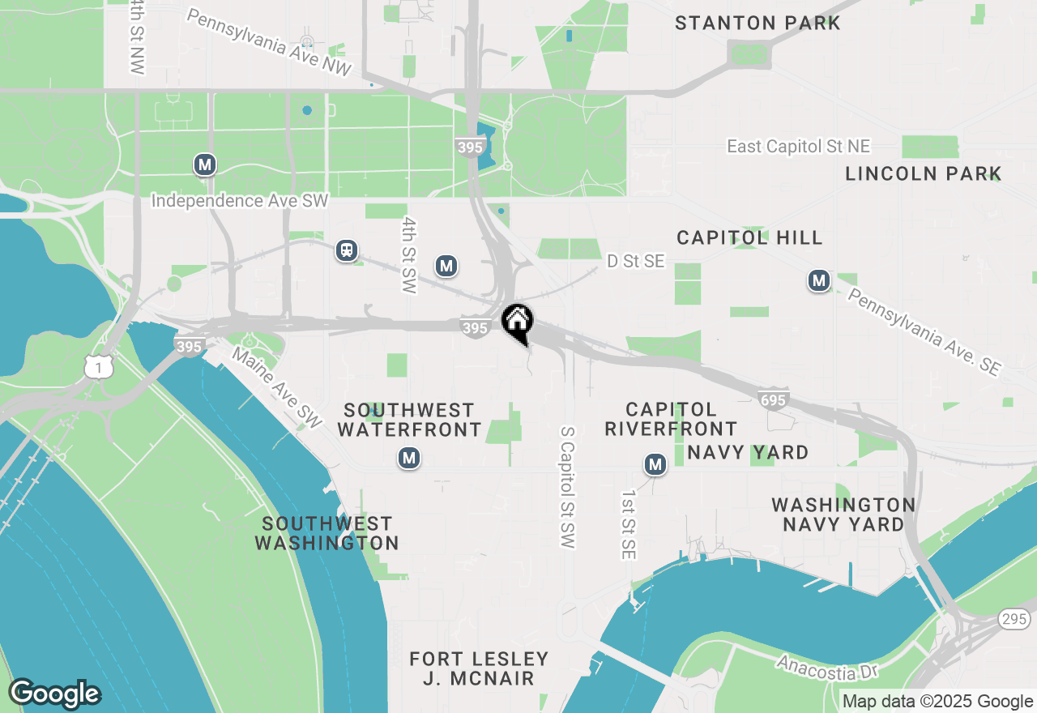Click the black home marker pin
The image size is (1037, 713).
pyautogui.click(x=517, y=322)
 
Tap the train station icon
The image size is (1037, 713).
pyautogui.click(x=347, y=251)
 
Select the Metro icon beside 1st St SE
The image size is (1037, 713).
pyautogui.click(x=655, y=464)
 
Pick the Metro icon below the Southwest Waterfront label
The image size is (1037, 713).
pyautogui.click(x=409, y=459)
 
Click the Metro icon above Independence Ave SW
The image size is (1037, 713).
pyautogui.click(x=205, y=165)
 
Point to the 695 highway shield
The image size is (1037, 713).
pyautogui.click(x=775, y=399)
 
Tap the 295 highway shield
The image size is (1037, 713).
pyautogui.click(x=1018, y=619)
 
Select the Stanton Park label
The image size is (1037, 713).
pyautogui.click(x=757, y=23)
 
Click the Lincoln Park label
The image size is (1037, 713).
pyautogui.click(x=924, y=173)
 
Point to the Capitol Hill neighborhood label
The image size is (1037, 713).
pyautogui.click(x=749, y=237)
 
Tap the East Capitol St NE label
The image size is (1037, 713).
pyautogui.click(x=798, y=147)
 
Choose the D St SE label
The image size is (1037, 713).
pyautogui.click(x=636, y=261)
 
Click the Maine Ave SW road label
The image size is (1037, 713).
pyautogui.click(x=278, y=388)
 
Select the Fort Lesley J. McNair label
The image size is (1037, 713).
pyautogui.click(x=479, y=668)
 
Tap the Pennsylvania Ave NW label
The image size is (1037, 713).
pyautogui.click(x=269, y=43)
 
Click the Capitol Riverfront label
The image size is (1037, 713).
pyautogui.click(x=671, y=419)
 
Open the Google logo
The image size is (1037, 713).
pyautogui.click(x=54, y=694)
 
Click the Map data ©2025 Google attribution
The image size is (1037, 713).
pyautogui.click(x=937, y=702)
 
